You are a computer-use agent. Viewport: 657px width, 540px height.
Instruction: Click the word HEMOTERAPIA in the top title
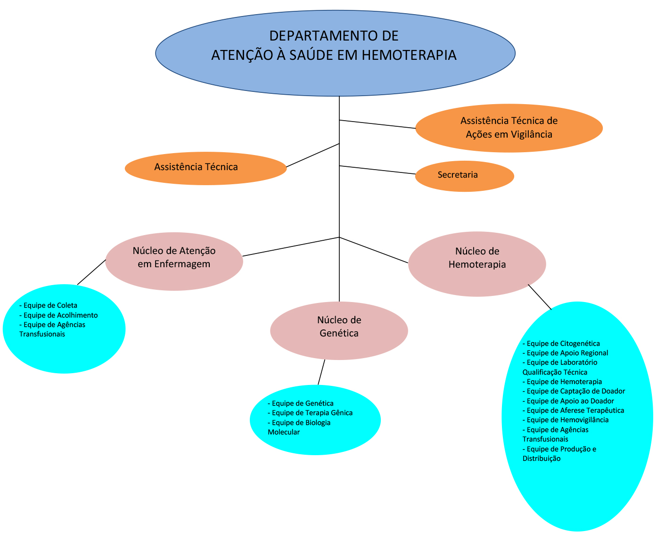tap(409, 55)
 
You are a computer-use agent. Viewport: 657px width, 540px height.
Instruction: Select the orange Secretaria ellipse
tap(465, 176)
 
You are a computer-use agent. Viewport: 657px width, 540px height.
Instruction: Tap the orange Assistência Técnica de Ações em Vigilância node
tap(509, 128)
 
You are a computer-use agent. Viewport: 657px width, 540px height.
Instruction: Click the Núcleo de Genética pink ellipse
tap(339, 331)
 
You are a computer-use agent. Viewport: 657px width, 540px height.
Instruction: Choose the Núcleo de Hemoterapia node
tap(477, 264)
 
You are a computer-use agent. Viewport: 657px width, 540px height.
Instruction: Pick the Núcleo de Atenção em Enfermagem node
tap(174, 261)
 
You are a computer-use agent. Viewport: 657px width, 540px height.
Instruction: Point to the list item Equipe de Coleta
tap(48, 305)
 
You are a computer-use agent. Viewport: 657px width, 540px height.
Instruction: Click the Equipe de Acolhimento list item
tap(58, 315)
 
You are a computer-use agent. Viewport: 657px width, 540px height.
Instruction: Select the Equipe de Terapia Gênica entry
tap(310, 413)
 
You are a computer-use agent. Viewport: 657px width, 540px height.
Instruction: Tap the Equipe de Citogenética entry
tap(561, 344)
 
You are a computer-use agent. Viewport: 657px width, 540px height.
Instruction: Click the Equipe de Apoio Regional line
tap(565, 353)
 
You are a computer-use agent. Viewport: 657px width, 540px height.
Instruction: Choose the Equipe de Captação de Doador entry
tap(574, 391)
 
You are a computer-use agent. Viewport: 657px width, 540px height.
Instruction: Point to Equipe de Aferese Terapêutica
tap(573, 410)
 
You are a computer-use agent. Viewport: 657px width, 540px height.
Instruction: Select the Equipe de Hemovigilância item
tap(566, 420)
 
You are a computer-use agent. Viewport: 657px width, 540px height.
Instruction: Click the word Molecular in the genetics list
tap(284, 432)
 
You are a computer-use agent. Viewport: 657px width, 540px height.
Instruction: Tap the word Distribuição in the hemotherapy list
tap(542, 458)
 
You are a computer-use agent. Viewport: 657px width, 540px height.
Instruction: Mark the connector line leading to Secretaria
tap(377, 170)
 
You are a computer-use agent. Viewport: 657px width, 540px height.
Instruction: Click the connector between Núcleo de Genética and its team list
tap(321, 372)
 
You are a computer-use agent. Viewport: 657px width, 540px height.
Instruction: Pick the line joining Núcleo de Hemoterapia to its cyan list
tap(540, 297)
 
